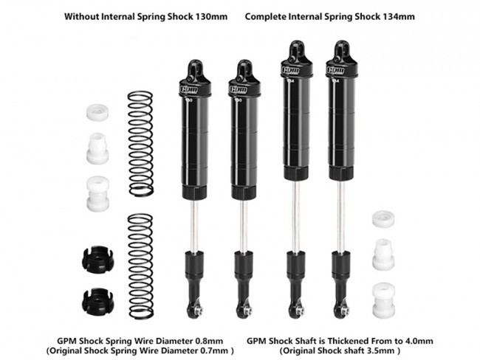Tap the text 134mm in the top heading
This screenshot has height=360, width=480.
click(x=399, y=16)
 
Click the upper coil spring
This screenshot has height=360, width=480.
click(x=140, y=143)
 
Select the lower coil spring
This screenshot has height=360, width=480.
click(x=140, y=266)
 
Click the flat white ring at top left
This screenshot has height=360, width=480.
click(x=97, y=112)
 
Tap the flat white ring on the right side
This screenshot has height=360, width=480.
click(x=383, y=219)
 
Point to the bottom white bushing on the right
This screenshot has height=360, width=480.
click(x=383, y=300)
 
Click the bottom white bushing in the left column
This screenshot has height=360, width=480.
click(x=97, y=193)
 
